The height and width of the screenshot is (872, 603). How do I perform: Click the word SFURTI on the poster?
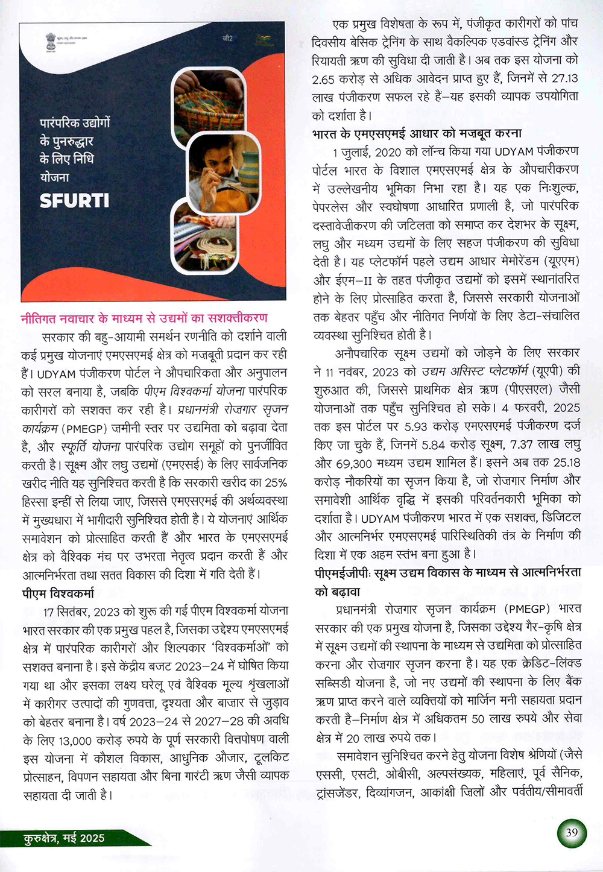point(74,200)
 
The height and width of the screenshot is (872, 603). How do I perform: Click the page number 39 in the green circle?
point(572,833)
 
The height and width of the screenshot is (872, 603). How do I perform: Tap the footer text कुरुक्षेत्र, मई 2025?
point(65,838)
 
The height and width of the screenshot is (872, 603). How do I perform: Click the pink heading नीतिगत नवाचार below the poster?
point(144,318)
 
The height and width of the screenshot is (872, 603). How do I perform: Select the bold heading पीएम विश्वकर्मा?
point(58,593)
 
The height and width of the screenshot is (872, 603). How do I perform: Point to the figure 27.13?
point(565,78)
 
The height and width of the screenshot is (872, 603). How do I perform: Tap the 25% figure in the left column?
point(276,482)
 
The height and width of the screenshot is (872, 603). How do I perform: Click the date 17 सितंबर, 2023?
point(81,611)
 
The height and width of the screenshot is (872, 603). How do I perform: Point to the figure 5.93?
point(416,426)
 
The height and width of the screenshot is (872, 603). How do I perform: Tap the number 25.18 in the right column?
point(566,463)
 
